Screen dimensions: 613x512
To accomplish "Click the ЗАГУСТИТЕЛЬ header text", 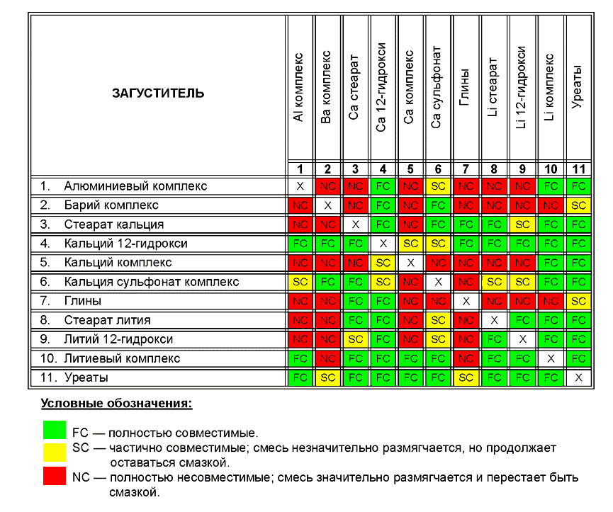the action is pos(158,93).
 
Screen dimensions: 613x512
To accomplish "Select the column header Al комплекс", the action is pos(298,88).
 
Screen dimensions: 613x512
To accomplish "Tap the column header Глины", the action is pos(464,88).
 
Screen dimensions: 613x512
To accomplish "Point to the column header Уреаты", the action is pos(577,86).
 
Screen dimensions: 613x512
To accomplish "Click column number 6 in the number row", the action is pos(438,169).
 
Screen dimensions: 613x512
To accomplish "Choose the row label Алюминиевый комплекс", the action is pos(135,186).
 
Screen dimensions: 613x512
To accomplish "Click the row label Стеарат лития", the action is pos(107,320).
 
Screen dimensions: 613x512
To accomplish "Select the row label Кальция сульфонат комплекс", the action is pos(151,282).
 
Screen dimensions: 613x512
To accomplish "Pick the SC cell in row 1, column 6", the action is pos(438,186).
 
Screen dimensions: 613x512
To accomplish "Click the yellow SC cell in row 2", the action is pos(578,205).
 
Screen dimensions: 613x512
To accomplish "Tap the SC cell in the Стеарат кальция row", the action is pos(522,224).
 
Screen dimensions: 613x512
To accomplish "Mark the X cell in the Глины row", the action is pos(466,301).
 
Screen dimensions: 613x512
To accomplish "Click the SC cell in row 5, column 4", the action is pos(383,263).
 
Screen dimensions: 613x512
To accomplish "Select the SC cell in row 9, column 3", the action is pos(355,339).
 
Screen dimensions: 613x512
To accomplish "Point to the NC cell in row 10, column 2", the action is pos(327,358).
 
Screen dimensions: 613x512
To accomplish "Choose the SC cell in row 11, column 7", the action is pos(466,377).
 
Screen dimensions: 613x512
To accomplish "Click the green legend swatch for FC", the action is pos(55,430).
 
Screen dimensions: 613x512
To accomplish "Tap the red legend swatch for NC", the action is pos(55,476).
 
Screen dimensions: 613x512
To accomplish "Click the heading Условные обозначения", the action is pos(116,404).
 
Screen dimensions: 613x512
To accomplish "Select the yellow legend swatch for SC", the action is pos(55,453).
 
